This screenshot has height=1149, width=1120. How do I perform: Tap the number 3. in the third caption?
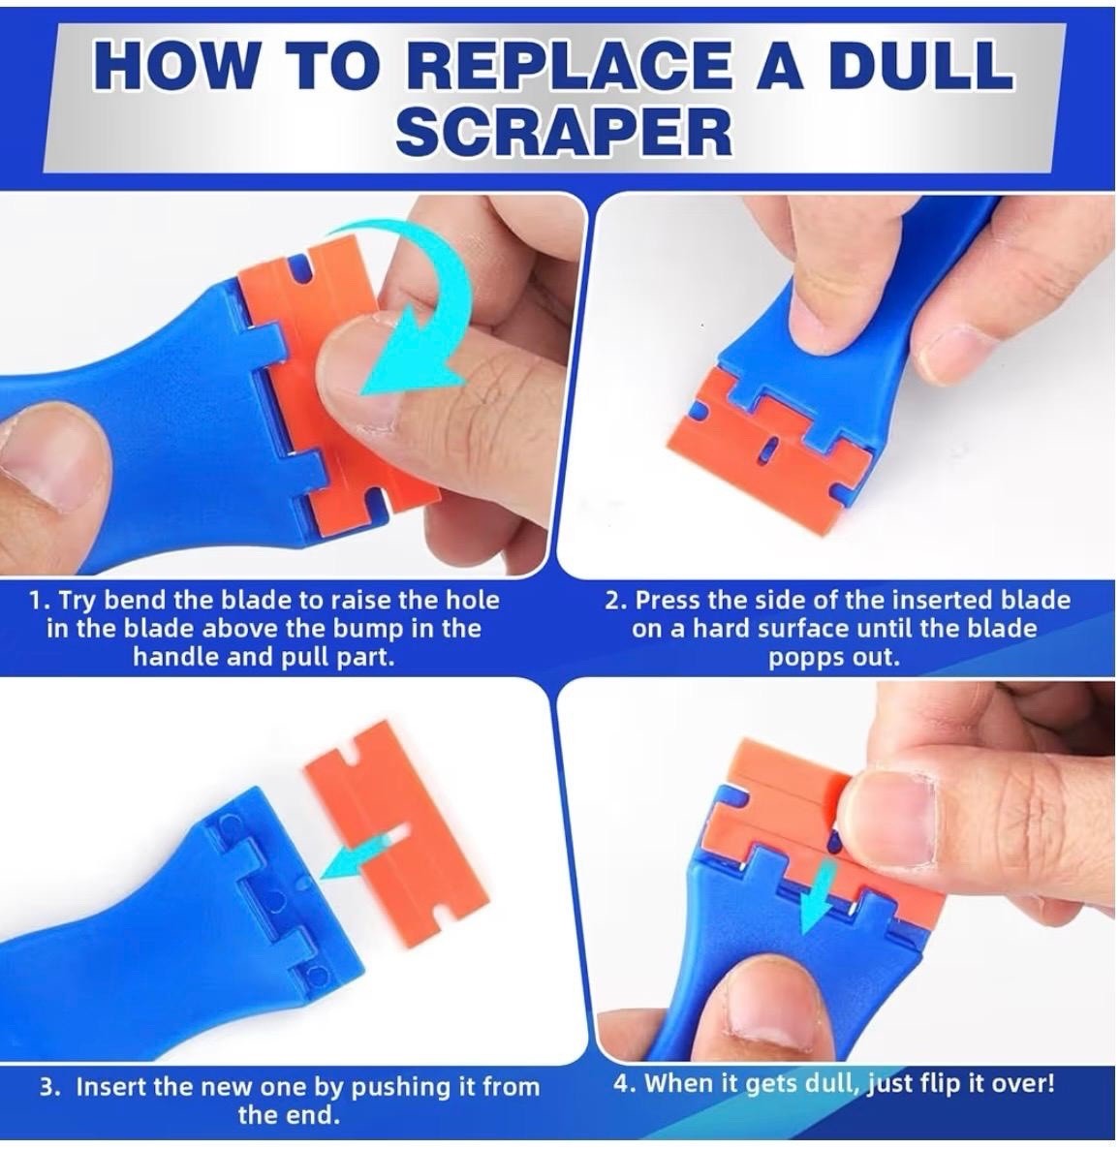click(x=49, y=1087)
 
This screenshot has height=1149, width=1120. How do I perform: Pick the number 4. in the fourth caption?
click(x=625, y=1082)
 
